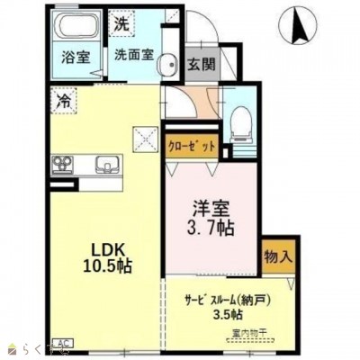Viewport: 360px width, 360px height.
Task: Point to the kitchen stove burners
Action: [66, 164]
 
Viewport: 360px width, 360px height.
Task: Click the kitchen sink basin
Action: [106, 165]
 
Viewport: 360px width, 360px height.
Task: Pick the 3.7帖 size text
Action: [212, 228]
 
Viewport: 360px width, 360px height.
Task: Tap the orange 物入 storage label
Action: [278, 256]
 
